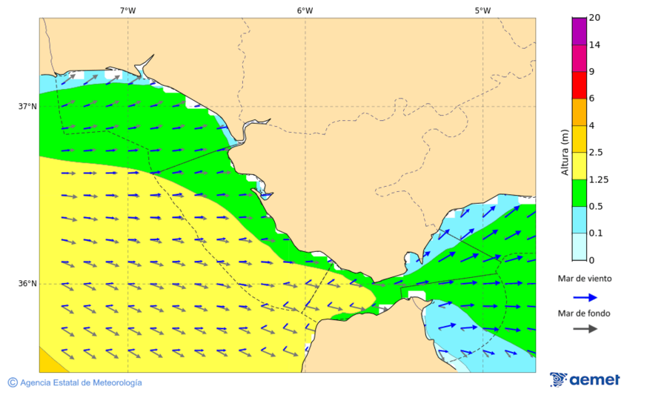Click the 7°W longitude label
127,10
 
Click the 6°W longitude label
305,10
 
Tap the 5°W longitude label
482,10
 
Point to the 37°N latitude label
27,106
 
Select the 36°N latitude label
27,283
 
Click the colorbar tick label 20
594,18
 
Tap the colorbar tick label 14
594,44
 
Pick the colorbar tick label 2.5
595,153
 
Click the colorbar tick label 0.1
595,233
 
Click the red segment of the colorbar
579,84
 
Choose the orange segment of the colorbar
579,112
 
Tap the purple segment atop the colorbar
579,30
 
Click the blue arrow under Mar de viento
585,297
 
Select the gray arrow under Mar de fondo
585,328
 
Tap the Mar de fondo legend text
585,313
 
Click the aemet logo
585,379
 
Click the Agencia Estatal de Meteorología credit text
81,382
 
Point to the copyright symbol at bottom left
13,382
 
